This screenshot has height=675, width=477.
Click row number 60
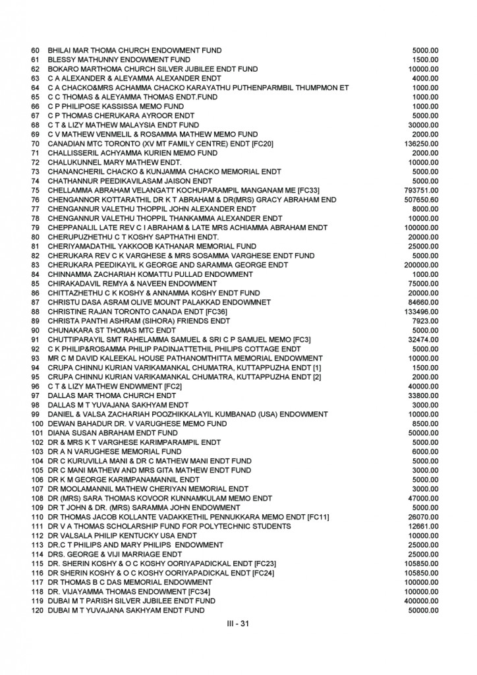pyautogui.click(x=36, y=50)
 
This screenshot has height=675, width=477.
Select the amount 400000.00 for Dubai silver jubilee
pyautogui.click(x=420, y=601)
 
